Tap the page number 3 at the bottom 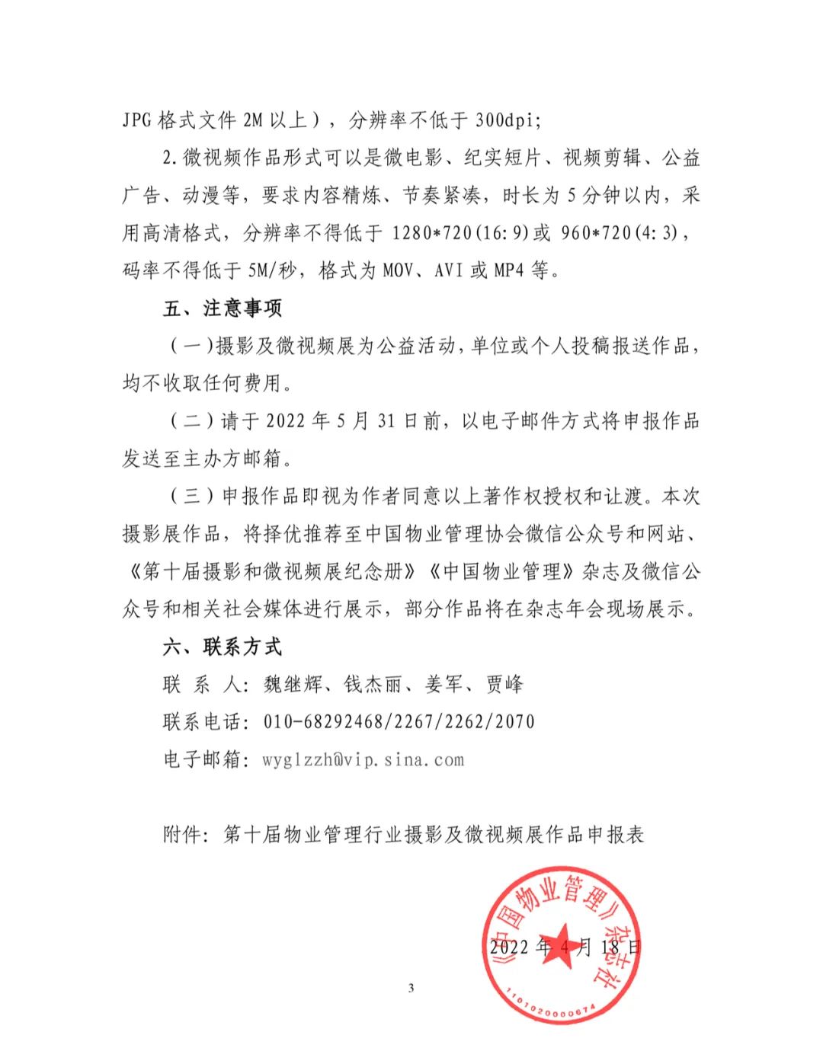411,989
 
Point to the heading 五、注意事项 223,308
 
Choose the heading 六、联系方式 223,647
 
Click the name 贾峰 504,684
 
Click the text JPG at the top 137,120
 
